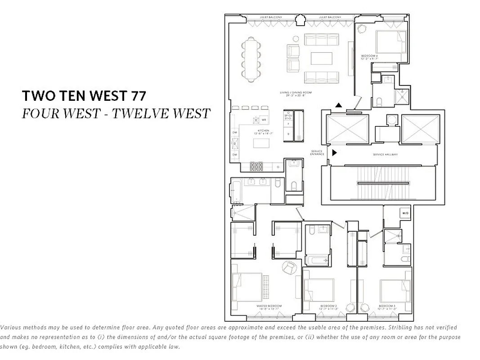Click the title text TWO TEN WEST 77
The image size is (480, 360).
coord(84,95)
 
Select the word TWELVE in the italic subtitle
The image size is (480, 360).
coord(141,113)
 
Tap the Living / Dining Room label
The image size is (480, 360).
coord(296,93)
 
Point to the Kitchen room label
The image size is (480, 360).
coord(263,131)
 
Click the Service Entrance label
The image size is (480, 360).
coord(317,153)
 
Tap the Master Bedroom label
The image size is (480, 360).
coord(269,306)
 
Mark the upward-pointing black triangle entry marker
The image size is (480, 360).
coord(338,105)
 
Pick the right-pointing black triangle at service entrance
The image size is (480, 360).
coord(334,153)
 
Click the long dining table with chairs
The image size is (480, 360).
coord(250,59)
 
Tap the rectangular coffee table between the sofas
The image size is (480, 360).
coord(321,58)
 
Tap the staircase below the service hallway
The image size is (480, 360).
coord(383,183)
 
